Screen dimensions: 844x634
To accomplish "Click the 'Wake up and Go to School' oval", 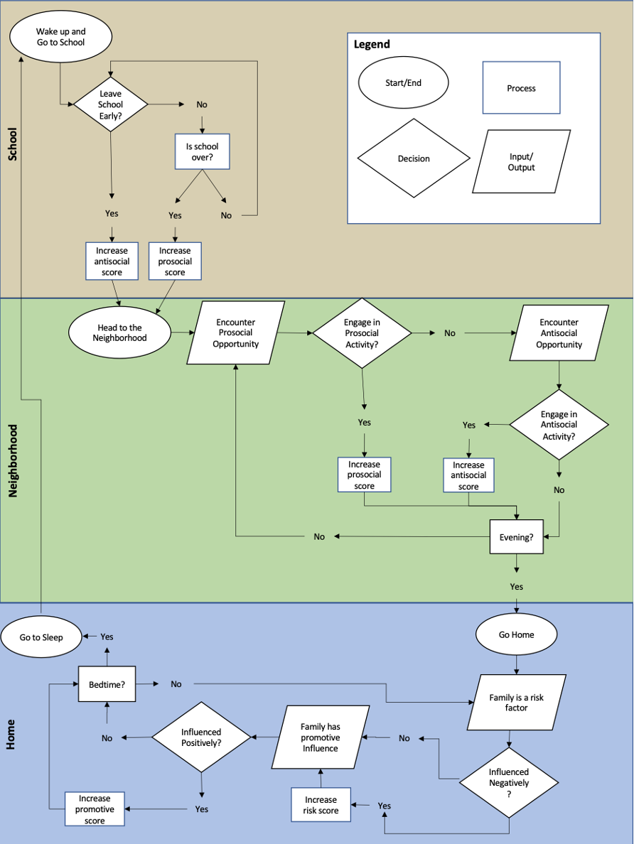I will point(60,37).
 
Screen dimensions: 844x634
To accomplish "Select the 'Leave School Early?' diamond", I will point(110,104).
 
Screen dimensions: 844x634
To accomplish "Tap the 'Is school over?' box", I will point(203,151).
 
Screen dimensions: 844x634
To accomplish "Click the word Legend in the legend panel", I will point(372,45).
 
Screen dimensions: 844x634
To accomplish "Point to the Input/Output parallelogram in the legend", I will point(521,162).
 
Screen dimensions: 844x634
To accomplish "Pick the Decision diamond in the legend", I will point(414,158).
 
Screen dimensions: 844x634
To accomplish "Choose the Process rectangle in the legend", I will point(521,88).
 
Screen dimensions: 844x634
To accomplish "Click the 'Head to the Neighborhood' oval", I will point(119,332).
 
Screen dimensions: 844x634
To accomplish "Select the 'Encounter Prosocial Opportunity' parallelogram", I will point(236,332).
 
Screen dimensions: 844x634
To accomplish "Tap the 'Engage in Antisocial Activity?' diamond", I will point(559,425).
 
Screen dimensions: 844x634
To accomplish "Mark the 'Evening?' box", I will point(516,537).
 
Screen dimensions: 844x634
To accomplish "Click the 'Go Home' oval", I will point(516,634).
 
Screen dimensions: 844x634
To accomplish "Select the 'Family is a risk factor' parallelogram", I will point(516,703).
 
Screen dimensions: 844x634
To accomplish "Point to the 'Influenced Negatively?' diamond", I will point(509,782).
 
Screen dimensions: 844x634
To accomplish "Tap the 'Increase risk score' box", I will point(321,805).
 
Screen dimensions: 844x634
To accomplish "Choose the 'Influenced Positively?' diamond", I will point(201,737).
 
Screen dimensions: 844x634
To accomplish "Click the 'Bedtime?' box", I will point(107,684).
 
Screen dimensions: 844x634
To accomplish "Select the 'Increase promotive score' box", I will point(95,809).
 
